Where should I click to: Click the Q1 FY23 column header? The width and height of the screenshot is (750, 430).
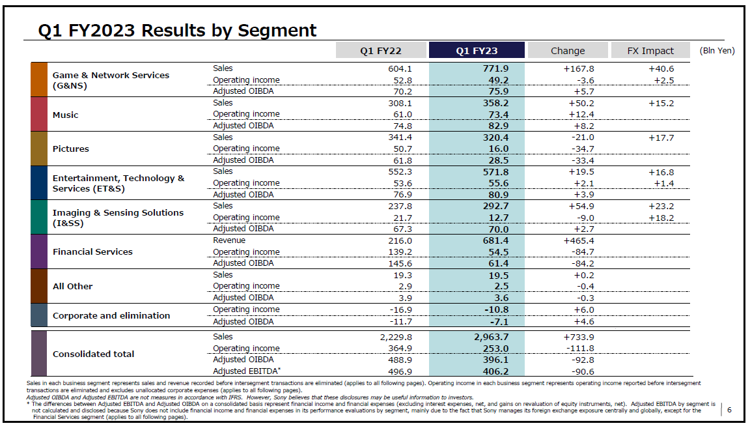[x=477, y=51]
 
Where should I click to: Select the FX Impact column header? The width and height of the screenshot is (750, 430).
[x=650, y=51]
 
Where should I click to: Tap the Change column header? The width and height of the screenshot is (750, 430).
[x=568, y=51]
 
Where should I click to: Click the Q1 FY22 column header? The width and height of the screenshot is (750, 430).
[x=381, y=51]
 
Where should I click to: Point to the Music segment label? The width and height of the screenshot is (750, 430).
[x=65, y=115]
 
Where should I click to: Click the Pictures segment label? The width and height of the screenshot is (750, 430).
[x=70, y=149]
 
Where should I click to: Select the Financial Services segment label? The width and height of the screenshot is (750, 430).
[x=92, y=251]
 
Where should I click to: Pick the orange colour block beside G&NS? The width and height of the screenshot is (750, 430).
[x=39, y=79]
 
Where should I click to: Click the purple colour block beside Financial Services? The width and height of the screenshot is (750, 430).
[x=39, y=251]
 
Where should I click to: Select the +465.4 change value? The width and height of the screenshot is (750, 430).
[x=579, y=240]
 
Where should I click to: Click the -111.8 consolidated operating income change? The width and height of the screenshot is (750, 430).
[x=579, y=349]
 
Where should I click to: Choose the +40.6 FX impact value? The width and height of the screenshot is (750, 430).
[x=661, y=68]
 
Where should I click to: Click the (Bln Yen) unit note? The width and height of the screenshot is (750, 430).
[x=717, y=51]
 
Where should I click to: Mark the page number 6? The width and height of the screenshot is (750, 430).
[x=729, y=410]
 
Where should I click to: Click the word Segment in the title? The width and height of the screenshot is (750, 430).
[x=277, y=31]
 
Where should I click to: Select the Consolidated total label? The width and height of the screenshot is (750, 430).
[x=93, y=354]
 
